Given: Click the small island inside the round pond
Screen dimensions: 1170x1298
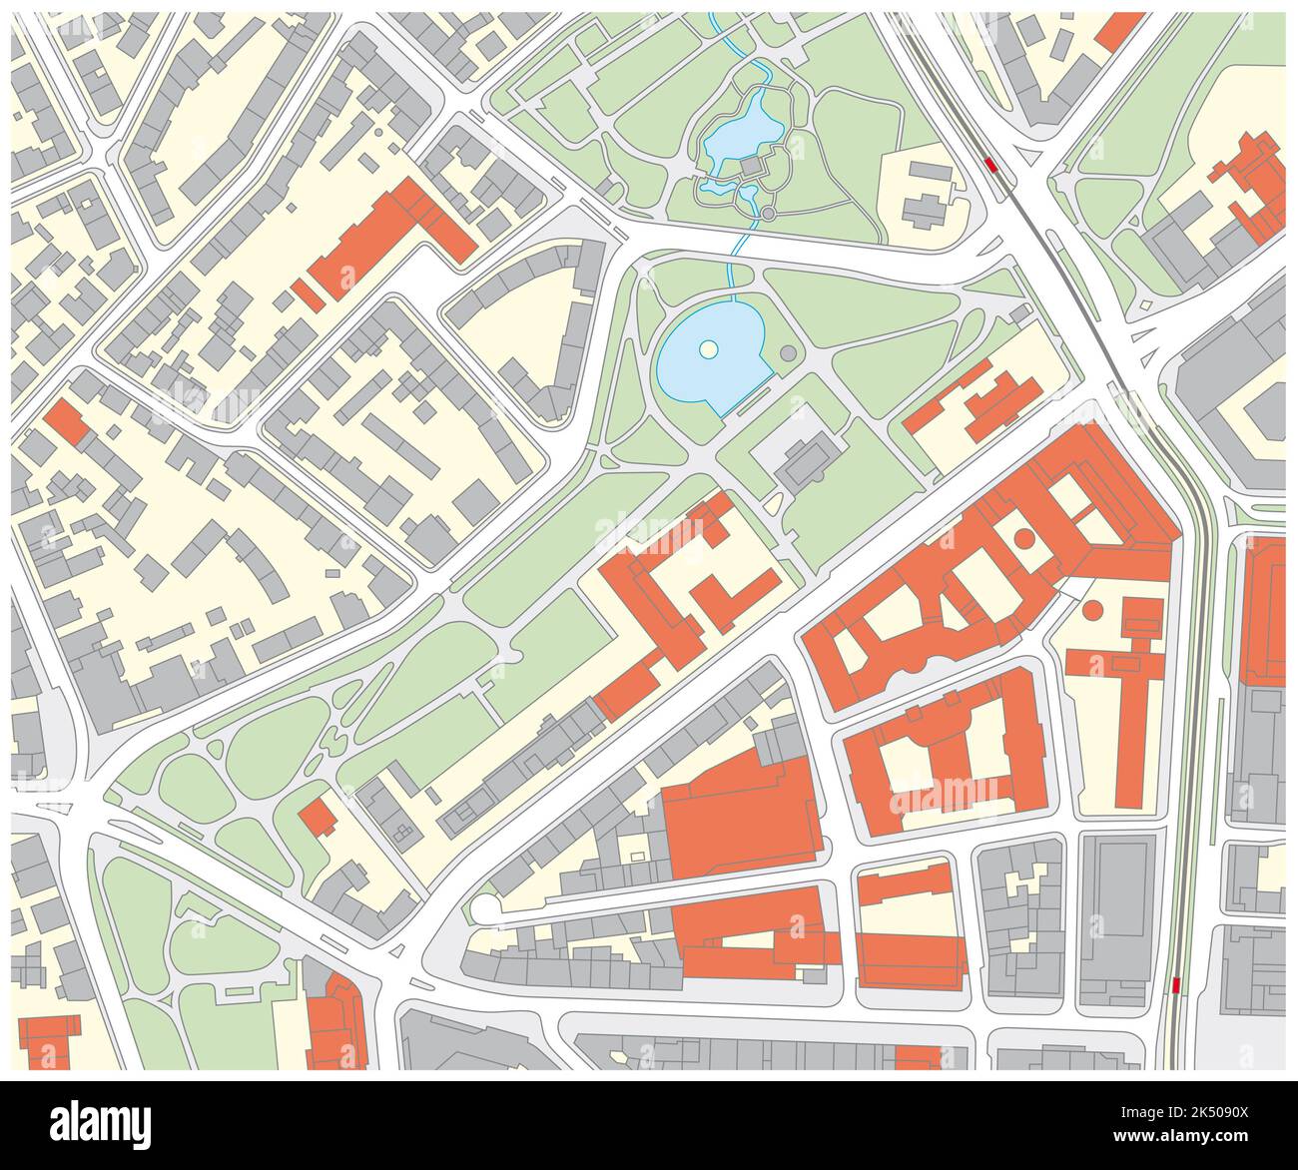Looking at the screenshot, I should pos(707,348).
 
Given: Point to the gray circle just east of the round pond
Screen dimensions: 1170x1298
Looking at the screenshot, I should pos(789,352).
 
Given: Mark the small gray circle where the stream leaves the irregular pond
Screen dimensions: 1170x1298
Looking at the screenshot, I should pos(767,214).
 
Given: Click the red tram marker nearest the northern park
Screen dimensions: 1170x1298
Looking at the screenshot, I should pos(990,165).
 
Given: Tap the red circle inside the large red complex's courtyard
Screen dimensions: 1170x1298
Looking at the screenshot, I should pos(1024,539).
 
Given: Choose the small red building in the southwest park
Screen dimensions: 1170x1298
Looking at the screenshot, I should pos(318,817).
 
